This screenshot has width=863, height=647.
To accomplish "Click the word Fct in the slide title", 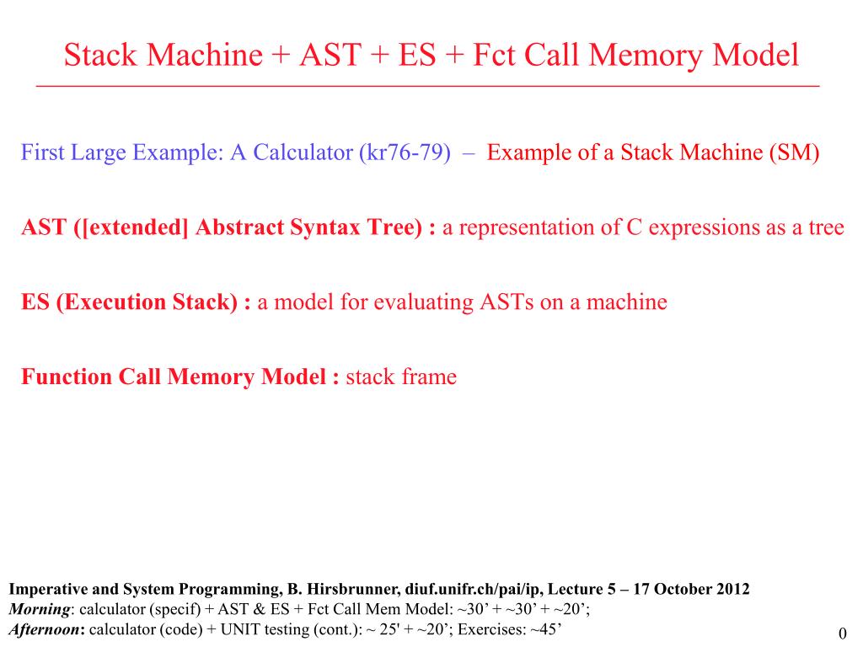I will tap(496, 56).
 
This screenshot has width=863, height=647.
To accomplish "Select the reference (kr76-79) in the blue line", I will tap(404, 154).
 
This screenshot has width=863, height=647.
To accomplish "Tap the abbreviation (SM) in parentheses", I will tap(792, 154).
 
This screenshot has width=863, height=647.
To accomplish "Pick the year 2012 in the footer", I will tap(731, 590).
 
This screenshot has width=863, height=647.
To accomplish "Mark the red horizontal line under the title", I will tap(427, 87).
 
